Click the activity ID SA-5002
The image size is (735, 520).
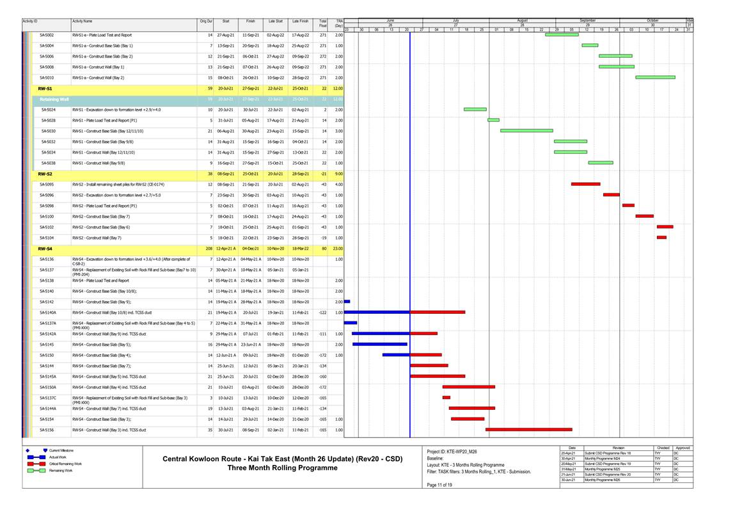pyautogui.click(x=47, y=35)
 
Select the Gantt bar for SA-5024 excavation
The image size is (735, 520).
pyautogui.click(x=475, y=110)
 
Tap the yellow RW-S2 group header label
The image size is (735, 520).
pyautogui.click(x=45, y=174)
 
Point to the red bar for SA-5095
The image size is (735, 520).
pyautogui.click(x=585, y=184)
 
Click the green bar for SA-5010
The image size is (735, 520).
pyautogui.click(x=655, y=77)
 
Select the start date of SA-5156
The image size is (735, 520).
pyautogui.click(x=226, y=430)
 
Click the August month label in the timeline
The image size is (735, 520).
pyautogui.click(x=522, y=21)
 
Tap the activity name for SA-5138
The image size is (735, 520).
pyautogui.click(x=100, y=280)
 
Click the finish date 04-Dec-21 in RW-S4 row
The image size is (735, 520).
pyautogui.click(x=250, y=248)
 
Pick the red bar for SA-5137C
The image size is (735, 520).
pyautogui.click(x=446, y=398)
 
